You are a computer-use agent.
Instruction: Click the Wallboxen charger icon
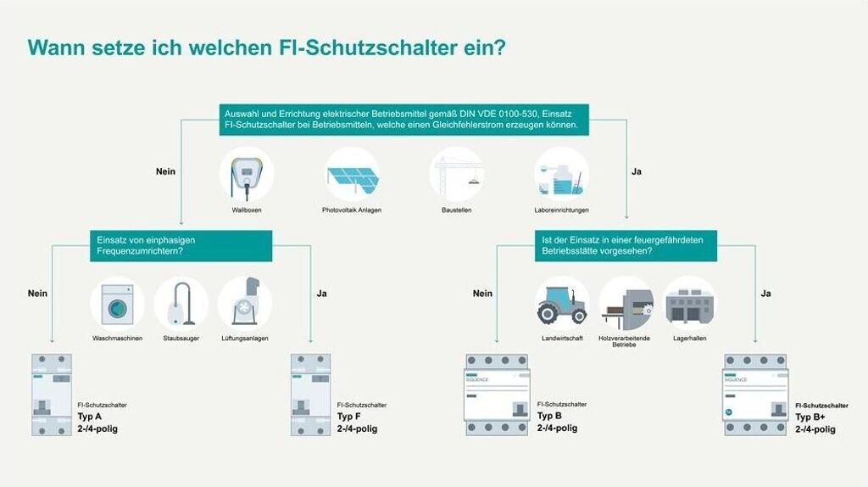247,175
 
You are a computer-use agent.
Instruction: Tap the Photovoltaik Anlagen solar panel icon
352,175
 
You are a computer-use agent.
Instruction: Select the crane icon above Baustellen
457,175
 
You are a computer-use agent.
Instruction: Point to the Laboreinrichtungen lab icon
561,175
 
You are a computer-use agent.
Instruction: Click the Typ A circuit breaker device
52,395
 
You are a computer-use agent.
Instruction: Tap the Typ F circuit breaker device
310,395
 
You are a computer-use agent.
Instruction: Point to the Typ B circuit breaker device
497,395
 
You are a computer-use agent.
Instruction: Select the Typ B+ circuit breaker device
756,395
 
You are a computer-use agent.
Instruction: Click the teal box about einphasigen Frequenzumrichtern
181,246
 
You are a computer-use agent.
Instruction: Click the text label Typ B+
811,417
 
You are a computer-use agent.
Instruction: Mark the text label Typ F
349,417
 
